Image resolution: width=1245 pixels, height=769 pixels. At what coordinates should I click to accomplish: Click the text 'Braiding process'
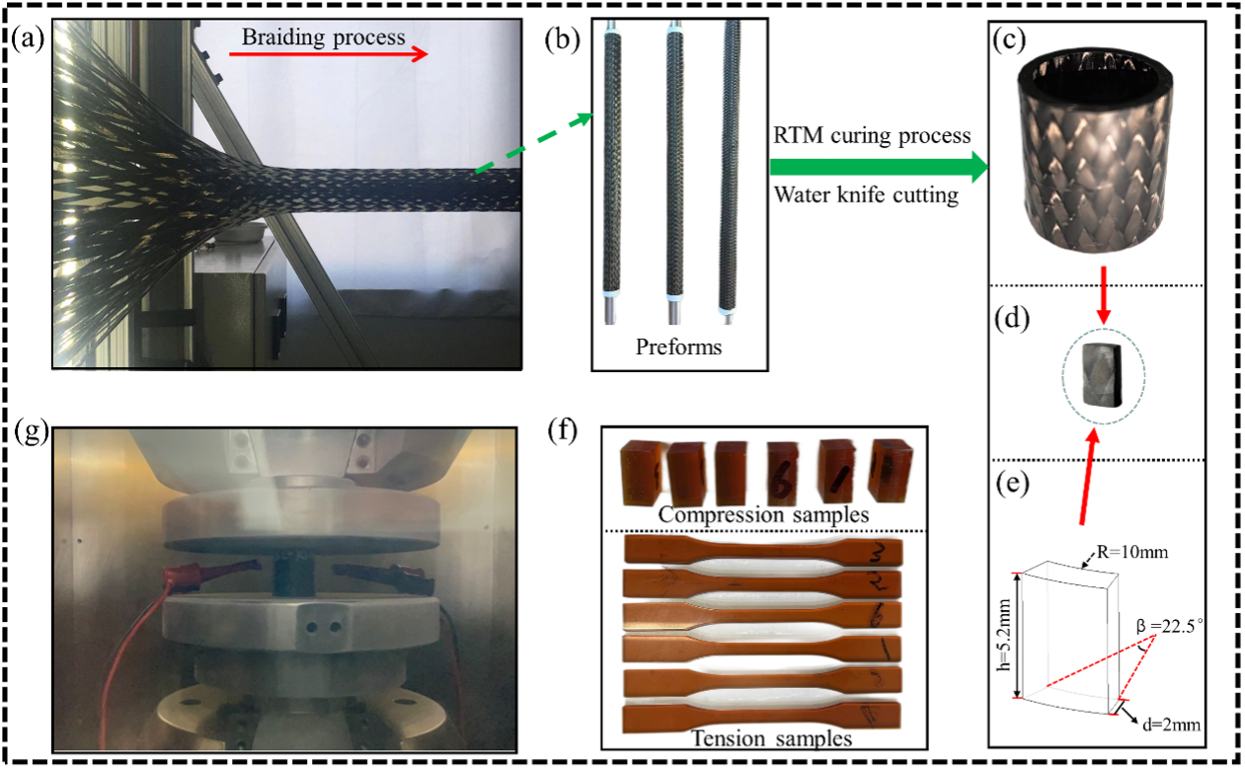point(325,38)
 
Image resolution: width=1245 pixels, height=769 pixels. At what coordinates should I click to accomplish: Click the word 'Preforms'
point(680,347)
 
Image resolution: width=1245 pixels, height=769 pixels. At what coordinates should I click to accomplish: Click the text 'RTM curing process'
point(873,134)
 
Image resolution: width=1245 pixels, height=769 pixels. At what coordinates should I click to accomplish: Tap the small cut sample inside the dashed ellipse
point(1102,375)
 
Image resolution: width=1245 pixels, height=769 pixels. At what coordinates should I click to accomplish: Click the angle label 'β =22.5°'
point(1174,624)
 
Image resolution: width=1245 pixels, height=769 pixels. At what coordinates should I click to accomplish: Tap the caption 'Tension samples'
point(757,737)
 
